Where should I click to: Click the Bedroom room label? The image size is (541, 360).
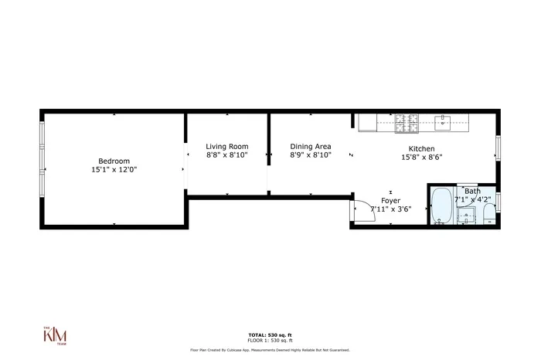[x=114, y=160]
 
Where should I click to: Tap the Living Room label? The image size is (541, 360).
[x=226, y=146]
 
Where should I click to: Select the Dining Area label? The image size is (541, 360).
[x=311, y=146]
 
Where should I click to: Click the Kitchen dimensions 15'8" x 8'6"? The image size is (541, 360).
[x=421, y=157]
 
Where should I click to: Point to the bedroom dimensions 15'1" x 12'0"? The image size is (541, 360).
[x=114, y=168]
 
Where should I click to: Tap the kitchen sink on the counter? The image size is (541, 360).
[x=444, y=121]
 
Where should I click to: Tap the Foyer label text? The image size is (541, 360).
[x=391, y=200]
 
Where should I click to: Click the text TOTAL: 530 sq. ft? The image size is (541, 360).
[x=270, y=335]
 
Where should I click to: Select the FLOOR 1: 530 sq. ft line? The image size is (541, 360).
[x=270, y=341]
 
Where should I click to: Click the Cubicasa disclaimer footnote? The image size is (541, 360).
[x=270, y=349]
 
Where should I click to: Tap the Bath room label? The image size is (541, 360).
[x=472, y=191]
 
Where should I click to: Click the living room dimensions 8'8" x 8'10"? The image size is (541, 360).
[x=226, y=155]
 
